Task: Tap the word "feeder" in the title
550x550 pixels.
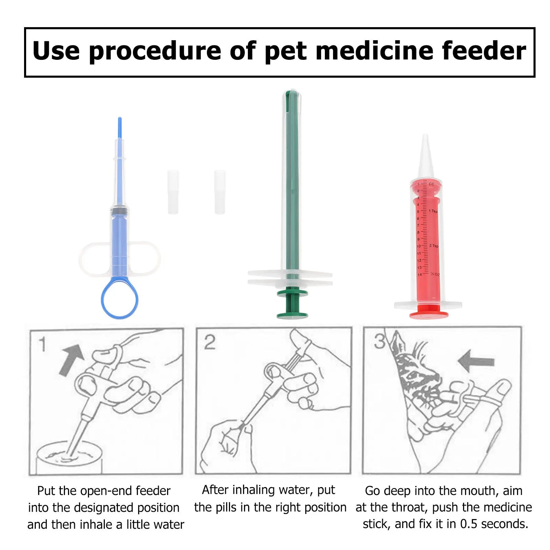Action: (484, 51)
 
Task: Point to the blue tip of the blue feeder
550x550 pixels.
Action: (120, 128)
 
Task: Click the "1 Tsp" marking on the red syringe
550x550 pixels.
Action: (433, 211)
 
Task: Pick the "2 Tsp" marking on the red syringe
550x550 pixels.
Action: (434, 246)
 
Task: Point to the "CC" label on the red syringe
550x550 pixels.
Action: (431, 184)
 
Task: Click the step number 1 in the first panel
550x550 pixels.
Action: (42, 344)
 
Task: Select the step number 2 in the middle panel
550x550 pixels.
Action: (210, 342)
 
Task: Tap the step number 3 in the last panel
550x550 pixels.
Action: (380, 341)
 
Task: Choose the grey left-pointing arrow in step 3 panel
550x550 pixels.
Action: (476, 361)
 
